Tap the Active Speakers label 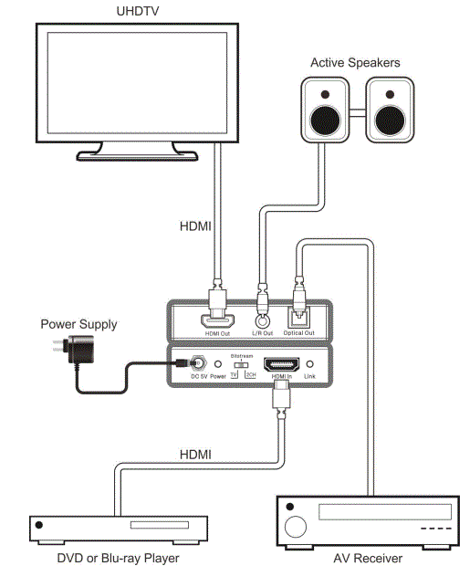click(355, 63)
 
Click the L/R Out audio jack click(264, 320)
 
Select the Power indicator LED click(217, 365)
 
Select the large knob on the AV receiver click(298, 527)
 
